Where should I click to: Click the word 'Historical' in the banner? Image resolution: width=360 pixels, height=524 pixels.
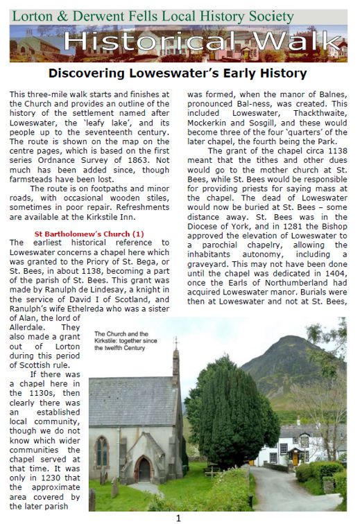(x=146, y=43)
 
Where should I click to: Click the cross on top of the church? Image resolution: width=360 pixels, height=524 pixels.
(x=175, y=342)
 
